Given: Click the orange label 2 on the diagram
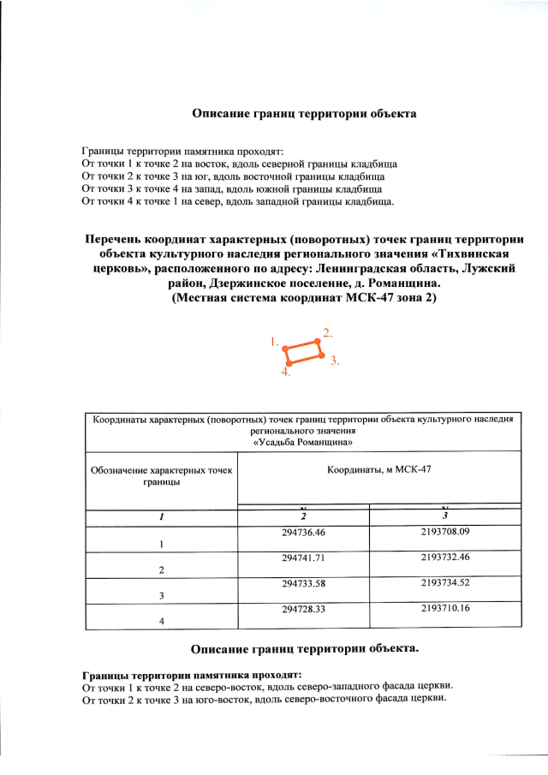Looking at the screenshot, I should (x=327, y=331).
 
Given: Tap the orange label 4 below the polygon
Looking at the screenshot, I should (x=286, y=373).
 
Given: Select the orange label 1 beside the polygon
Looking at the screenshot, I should (x=274, y=342).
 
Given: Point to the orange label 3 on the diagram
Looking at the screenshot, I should (x=335, y=361).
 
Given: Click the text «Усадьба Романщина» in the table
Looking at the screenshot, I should (x=303, y=443).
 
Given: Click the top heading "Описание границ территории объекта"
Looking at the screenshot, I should (x=304, y=113).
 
